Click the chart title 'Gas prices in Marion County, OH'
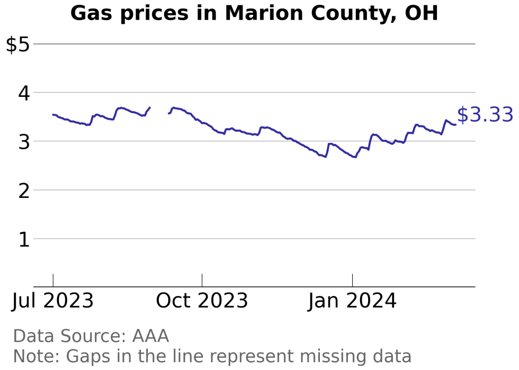point(254,13)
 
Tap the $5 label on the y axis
point(17,44)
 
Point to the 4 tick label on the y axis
point(24,93)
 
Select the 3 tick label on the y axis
point(24,142)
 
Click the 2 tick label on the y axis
point(24,191)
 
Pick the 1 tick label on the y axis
point(24,239)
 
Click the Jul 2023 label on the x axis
point(53,301)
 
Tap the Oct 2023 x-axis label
point(202,301)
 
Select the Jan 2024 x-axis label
point(352,301)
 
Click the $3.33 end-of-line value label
point(485,115)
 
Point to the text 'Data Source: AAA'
point(91,336)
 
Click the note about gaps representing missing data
point(212,356)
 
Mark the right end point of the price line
point(455,124)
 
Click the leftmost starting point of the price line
point(53,114)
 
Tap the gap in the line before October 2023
point(159,110)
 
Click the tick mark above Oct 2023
point(202,281)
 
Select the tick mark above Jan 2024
point(352,281)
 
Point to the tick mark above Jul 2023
point(53,281)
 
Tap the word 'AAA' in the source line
point(150,336)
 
